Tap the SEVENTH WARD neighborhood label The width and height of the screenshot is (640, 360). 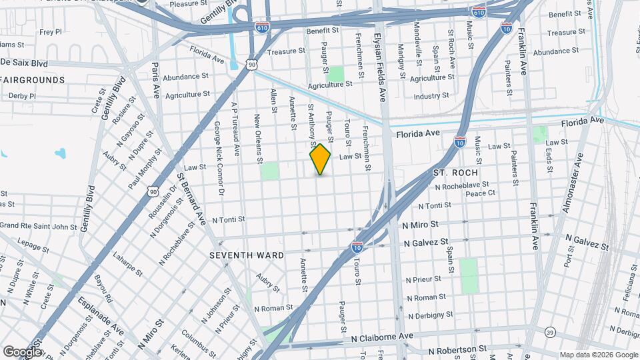click(247, 255)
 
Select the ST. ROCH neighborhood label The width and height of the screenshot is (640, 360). click(456, 173)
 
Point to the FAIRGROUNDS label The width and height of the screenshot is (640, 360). click(33, 80)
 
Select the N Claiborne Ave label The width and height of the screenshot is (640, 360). click(392, 339)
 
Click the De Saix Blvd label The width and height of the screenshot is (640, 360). click(24, 63)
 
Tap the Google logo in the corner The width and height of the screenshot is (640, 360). click(22, 351)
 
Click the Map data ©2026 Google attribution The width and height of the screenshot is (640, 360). click(598, 355)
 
